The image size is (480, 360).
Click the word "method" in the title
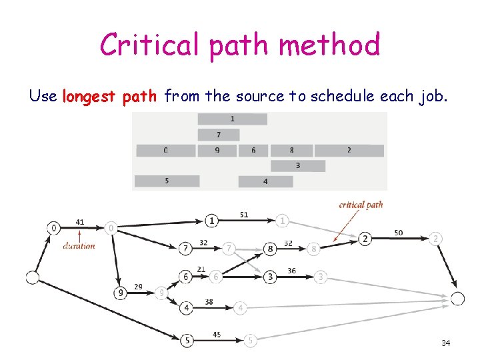click(329, 45)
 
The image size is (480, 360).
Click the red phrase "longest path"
click(109, 97)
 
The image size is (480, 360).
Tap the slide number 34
click(445, 343)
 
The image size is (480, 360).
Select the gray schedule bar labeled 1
click(232, 119)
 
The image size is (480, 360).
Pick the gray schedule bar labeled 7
click(218, 135)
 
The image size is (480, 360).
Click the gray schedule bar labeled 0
click(165, 151)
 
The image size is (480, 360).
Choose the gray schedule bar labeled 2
click(349, 151)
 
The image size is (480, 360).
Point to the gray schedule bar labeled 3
click(297, 166)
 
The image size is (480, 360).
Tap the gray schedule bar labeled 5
click(167, 181)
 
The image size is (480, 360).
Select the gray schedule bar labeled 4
click(265, 181)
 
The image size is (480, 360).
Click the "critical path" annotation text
click(361, 205)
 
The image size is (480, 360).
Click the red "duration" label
click(79, 245)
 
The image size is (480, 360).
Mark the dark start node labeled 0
click(53, 228)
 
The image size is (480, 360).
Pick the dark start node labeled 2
click(365, 239)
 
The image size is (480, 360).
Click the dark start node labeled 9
click(121, 293)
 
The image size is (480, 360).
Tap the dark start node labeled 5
click(187, 340)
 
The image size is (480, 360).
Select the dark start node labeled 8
click(270, 249)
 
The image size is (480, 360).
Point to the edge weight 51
click(243, 215)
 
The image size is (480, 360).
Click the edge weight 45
click(217, 335)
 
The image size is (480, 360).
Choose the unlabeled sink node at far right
click(457, 299)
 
